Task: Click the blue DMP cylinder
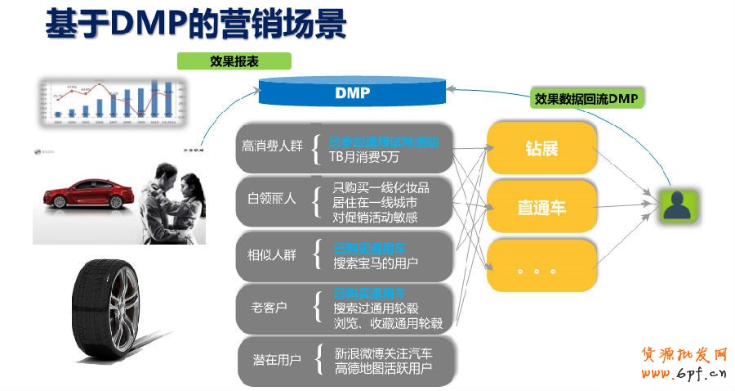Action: [352, 92]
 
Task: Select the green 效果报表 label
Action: [234, 61]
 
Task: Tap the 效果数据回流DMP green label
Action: [586, 99]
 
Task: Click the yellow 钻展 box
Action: [541, 148]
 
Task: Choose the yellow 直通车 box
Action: [541, 207]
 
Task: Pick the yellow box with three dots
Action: [541, 266]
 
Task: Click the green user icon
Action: [679, 205]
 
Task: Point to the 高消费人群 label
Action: [272, 146]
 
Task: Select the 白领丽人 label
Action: [272, 199]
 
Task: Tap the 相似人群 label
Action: [272, 254]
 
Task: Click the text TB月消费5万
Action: [365, 156]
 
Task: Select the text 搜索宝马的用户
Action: [376, 263]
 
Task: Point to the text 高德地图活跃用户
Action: [383, 368]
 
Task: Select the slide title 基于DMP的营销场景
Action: [196, 24]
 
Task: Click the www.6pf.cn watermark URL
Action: [684, 375]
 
